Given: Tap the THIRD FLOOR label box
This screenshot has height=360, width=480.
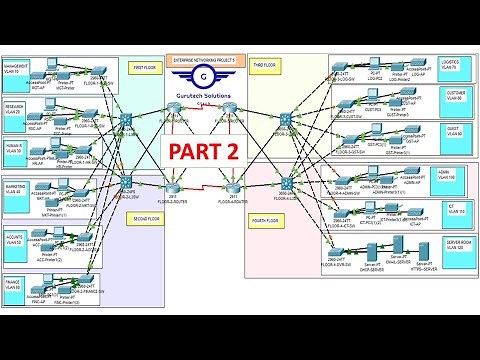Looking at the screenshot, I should pos(265,65).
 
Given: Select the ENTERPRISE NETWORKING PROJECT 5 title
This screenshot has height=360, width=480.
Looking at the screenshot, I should pos(205,60).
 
